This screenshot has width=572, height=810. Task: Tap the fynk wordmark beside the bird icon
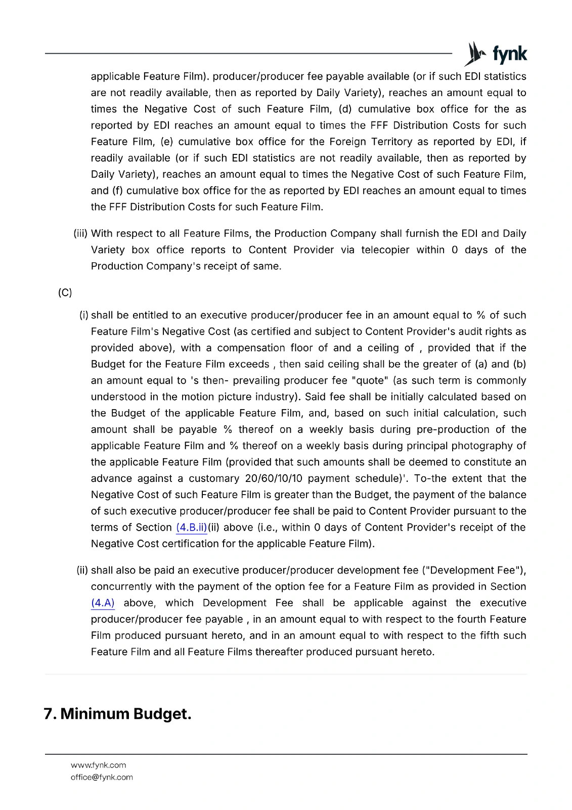(509, 54)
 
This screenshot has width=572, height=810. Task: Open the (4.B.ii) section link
(192, 528)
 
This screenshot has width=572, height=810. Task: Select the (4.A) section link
(103, 603)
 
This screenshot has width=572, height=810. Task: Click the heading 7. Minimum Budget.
(117, 714)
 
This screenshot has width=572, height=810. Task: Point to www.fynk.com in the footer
(98, 765)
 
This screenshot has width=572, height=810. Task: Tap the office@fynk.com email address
(102, 777)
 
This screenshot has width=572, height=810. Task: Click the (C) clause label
(65, 293)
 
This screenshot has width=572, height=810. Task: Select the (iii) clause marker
(80, 233)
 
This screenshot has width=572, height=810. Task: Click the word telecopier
(385, 250)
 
